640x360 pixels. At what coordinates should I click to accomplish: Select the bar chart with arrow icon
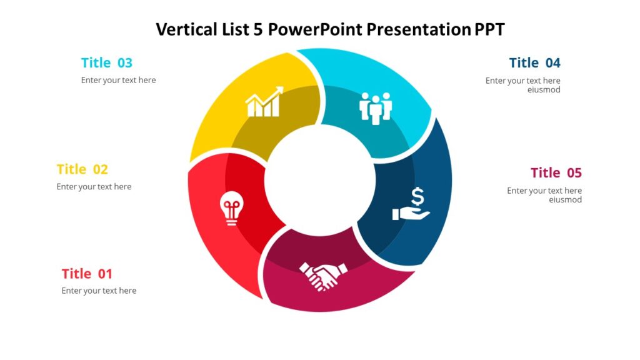tap(264, 102)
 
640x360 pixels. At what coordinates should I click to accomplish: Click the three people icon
tap(376, 107)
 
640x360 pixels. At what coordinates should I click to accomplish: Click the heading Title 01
tap(87, 274)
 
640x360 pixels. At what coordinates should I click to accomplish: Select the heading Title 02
tap(82, 169)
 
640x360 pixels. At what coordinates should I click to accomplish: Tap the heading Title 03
tap(107, 62)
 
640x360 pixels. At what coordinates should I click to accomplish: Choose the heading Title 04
tap(534, 62)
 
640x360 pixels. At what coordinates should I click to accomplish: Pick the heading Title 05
tap(556, 172)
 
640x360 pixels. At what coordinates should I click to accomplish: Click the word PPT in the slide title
tap(489, 29)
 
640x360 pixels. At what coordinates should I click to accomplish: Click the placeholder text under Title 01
tap(99, 291)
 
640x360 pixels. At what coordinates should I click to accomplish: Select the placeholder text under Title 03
tap(118, 80)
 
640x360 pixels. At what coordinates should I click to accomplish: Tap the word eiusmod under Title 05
tap(565, 200)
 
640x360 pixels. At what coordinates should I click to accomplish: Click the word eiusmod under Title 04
tap(544, 89)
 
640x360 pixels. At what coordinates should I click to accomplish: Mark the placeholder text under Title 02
tap(94, 186)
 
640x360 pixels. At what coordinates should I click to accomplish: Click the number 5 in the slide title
tap(258, 29)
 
